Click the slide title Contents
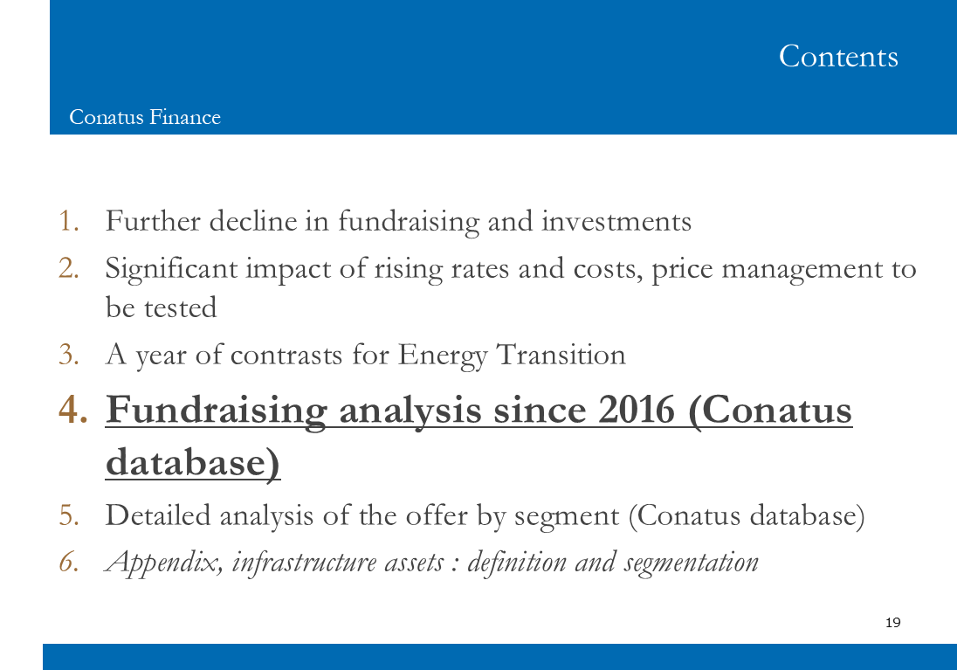click(838, 56)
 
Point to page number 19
click(893, 622)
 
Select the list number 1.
click(69, 220)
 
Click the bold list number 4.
click(73, 409)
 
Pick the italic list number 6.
click(69, 562)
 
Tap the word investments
click(616, 221)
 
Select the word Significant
click(171, 270)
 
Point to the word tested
click(180, 307)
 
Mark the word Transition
click(561, 355)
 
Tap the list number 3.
click(69, 355)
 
